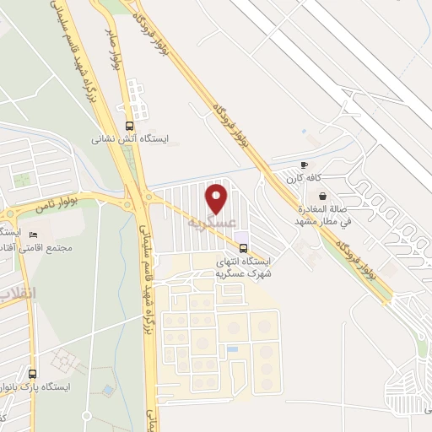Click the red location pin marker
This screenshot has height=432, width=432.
pyautogui.click(x=218, y=199)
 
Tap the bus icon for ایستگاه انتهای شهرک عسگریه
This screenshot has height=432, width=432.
pyautogui.click(x=244, y=248)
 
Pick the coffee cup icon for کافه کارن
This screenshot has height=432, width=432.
pyautogui.click(x=304, y=165)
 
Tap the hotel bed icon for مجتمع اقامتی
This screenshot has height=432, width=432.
pyautogui.click(x=34, y=234)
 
